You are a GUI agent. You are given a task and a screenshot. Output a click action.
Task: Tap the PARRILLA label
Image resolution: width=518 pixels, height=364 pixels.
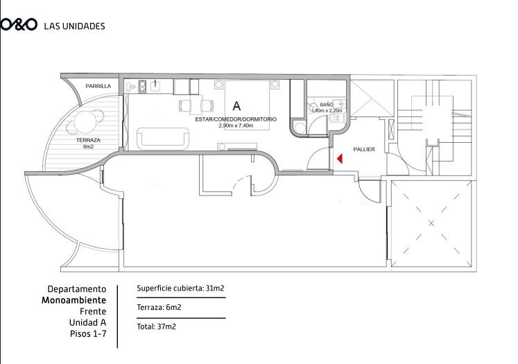(x=98, y=86)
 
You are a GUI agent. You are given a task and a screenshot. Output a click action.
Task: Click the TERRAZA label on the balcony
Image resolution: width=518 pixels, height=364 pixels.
(x=88, y=140)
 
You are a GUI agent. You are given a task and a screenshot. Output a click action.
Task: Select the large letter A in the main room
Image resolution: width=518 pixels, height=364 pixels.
(x=236, y=106)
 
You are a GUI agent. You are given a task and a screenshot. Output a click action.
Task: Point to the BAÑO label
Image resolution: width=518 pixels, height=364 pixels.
(x=327, y=105)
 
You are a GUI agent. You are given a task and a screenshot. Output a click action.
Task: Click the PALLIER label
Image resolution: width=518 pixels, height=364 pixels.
(x=364, y=149)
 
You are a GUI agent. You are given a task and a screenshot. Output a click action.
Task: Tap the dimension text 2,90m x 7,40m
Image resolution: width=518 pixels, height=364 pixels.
(x=236, y=125)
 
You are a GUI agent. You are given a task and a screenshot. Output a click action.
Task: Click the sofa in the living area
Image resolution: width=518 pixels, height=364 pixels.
(x=163, y=139)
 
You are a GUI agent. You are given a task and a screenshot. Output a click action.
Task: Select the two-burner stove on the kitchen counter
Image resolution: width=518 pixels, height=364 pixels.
(x=142, y=87)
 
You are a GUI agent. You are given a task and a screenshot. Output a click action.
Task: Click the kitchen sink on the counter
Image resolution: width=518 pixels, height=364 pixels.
(x=155, y=86)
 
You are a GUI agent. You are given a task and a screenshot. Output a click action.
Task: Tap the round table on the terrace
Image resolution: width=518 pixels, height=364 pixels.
(x=85, y=121)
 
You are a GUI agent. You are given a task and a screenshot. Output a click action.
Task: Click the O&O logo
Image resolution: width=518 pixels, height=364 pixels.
(x=19, y=25)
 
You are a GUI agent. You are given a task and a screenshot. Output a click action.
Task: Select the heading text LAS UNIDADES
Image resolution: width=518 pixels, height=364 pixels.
(x=74, y=26)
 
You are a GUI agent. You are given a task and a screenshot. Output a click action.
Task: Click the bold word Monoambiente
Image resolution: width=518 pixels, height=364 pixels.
(x=74, y=300)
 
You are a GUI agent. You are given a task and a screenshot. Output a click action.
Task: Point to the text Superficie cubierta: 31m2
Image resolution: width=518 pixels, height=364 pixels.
(x=180, y=288)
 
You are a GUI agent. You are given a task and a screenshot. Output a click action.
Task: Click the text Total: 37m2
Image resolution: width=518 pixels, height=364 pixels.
(x=156, y=327)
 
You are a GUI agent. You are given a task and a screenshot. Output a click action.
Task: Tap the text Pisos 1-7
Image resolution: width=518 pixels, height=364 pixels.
(x=88, y=333)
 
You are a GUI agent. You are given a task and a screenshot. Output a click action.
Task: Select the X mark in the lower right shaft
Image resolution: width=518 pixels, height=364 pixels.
(x=431, y=224)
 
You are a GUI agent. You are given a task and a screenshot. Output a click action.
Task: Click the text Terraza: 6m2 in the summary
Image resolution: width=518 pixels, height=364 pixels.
(x=159, y=308)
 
